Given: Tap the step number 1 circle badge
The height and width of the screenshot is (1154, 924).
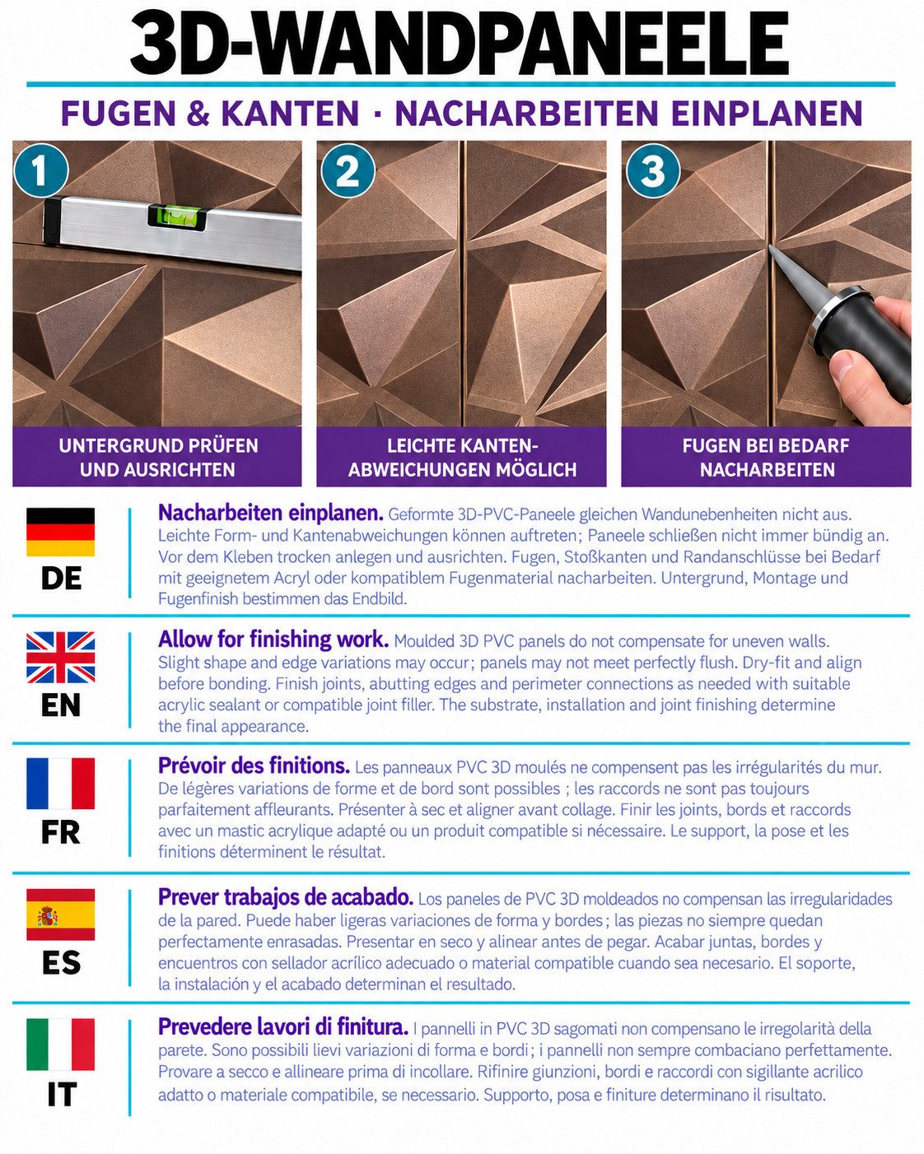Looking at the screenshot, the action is (x=41, y=171).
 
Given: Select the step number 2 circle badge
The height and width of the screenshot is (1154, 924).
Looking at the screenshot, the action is (x=348, y=171).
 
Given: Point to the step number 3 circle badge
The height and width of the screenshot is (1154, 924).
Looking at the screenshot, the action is (x=652, y=171).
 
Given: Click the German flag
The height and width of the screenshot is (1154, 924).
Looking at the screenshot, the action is (x=61, y=532).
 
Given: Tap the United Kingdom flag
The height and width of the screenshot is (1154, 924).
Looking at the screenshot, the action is (x=61, y=658).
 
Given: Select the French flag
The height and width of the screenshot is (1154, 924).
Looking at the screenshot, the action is (x=61, y=784).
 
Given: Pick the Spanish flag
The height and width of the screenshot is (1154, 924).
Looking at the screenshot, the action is (x=61, y=914).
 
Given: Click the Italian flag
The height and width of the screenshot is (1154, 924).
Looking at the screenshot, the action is (x=61, y=1045).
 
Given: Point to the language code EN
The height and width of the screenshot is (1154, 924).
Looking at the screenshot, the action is (x=61, y=705).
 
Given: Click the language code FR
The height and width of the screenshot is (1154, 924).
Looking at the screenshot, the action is (x=61, y=832).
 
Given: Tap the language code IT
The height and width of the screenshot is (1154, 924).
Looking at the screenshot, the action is (x=61, y=1095).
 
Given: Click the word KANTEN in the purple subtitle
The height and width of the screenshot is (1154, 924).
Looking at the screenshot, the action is (x=290, y=113).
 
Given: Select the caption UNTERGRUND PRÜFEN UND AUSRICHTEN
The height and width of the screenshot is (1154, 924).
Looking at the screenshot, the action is (x=158, y=458).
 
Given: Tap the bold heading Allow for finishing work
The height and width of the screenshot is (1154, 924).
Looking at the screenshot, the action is (x=273, y=640).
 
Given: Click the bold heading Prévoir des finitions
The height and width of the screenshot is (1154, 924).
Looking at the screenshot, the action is (x=254, y=765).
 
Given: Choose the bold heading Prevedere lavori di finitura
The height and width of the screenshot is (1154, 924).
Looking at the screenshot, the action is (x=282, y=1026).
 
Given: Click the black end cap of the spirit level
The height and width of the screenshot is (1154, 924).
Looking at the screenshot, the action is (x=53, y=221).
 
